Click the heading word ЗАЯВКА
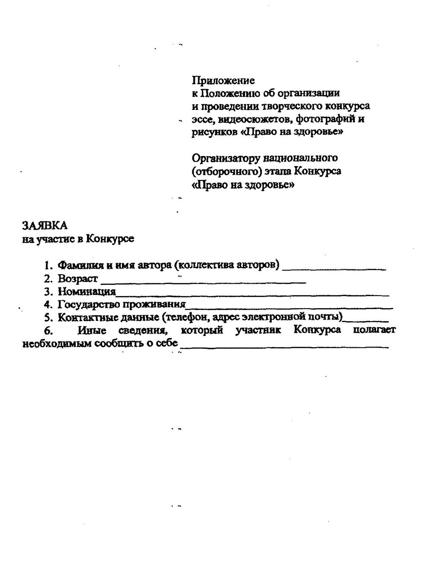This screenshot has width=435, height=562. (x=45, y=226)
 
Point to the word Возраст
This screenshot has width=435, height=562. (x=78, y=278)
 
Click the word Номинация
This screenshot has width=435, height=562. (x=87, y=292)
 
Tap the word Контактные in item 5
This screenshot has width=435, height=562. (x=84, y=318)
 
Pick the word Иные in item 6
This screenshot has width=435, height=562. (x=90, y=331)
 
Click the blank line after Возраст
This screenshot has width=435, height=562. (x=203, y=282)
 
